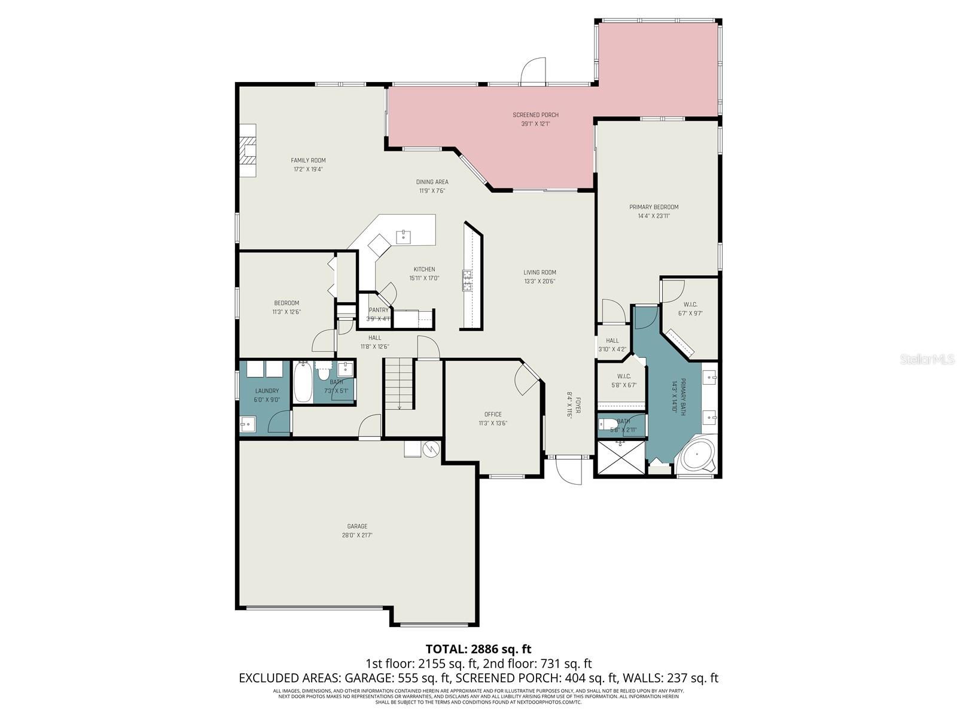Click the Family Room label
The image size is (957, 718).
click(308, 160)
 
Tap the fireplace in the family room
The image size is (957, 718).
click(248, 151)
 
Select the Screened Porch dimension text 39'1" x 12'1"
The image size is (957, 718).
click(535, 124)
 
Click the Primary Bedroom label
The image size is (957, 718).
click(654, 207)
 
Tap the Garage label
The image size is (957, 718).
click(357, 527)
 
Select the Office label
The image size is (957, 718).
click(493, 414)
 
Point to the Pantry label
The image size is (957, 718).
click(378, 310)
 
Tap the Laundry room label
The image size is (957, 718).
click(267, 391)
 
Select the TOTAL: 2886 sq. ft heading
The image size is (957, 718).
click(478, 649)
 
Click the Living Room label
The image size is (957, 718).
click(540, 272)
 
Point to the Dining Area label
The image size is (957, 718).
click(432, 182)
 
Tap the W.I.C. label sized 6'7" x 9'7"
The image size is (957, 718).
click(690, 305)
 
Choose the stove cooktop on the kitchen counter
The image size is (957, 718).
click(467, 281)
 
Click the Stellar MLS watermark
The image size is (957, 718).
click(926, 360)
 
